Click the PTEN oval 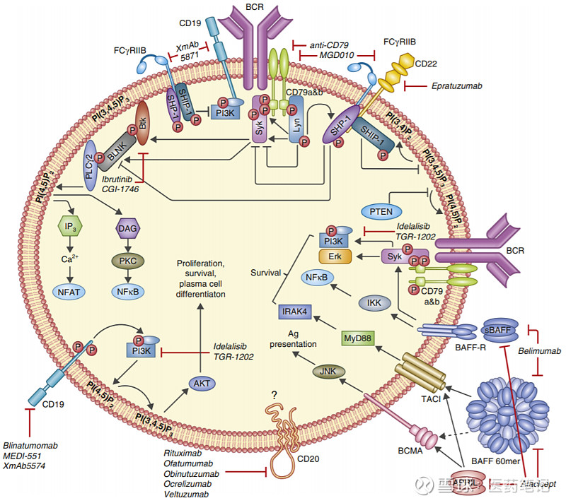pyautogui.click(x=381, y=211)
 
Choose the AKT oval pyautogui.click(x=200, y=382)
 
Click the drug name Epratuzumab pyautogui.click(x=456, y=85)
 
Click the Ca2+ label pyautogui.click(x=68, y=259)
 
